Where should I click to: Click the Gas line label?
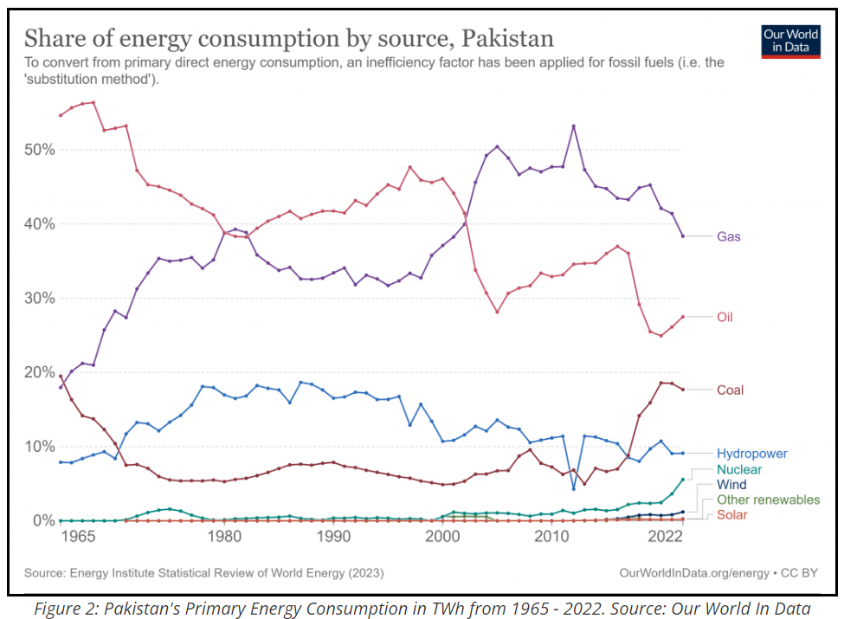point(728,236)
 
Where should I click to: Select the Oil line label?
point(725,317)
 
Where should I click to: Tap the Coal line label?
point(730,390)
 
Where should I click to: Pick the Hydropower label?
point(751,453)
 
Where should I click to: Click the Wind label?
point(731,485)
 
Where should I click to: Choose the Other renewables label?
point(768,500)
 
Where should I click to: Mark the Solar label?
point(733,515)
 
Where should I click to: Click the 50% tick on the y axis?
point(40,150)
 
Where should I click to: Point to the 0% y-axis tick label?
point(43,520)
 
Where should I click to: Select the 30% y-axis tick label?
point(40,298)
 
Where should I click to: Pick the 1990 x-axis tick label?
point(333,537)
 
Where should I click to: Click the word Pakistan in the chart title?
point(508,39)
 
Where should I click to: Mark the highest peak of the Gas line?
point(573,126)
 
